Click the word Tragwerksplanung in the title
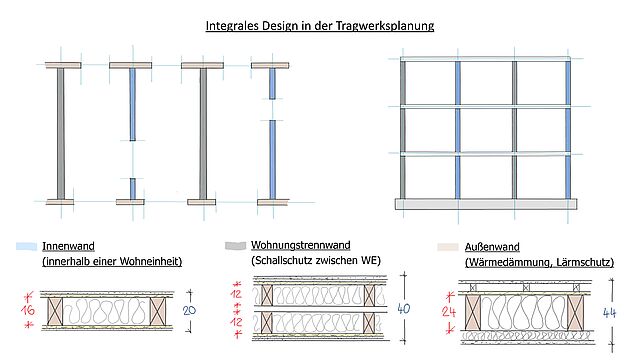[x=385, y=26]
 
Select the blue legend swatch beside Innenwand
[x=27, y=246]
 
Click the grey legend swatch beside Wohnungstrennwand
[x=236, y=245]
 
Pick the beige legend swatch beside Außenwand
[x=448, y=247]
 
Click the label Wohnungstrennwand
[x=300, y=245]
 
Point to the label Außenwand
[x=492, y=247]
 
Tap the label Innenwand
[x=69, y=246]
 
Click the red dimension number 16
[x=28, y=310]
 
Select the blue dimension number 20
[x=189, y=311]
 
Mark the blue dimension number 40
[x=403, y=309]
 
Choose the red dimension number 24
[x=448, y=312]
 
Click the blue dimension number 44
[x=609, y=313]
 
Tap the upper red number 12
[x=236, y=294]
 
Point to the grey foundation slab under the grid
[x=486, y=204]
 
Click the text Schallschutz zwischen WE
[x=316, y=260]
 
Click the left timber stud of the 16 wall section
[x=55, y=311]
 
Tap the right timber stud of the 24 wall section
[x=576, y=313]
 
